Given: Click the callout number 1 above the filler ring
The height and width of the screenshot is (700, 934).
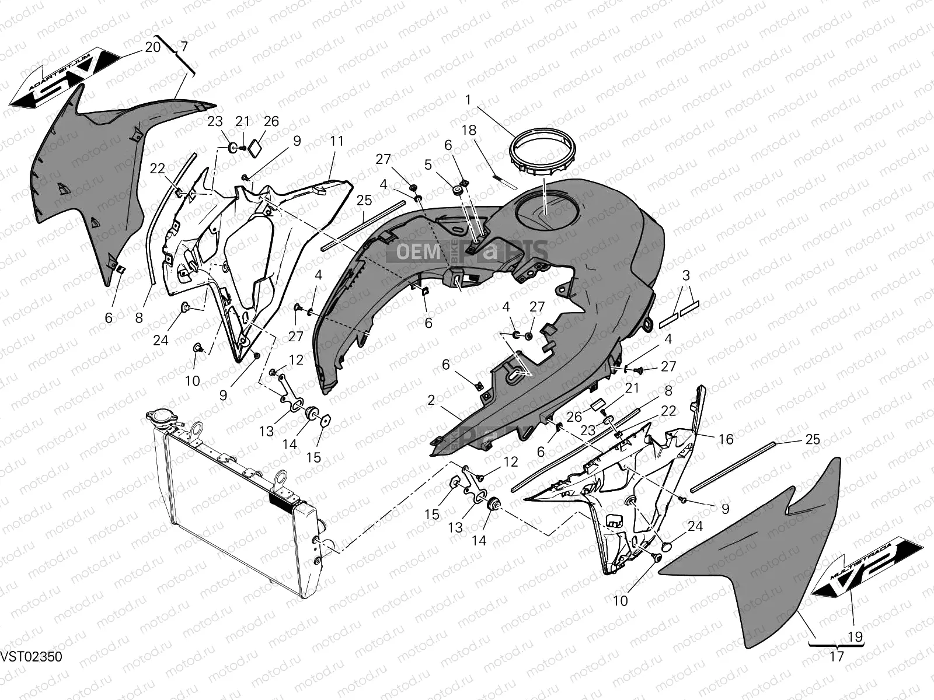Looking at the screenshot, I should (x=468, y=100).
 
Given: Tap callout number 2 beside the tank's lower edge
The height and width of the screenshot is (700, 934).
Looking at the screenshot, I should (x=431, y=400).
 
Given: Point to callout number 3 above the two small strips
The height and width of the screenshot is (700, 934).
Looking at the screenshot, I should (x=686, y=275).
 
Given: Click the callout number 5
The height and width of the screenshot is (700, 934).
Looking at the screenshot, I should (x=428, y=165).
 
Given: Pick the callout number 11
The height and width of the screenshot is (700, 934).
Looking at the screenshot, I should (x=337, y=141).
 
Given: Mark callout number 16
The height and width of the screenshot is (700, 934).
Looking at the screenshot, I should (x=726, y=439).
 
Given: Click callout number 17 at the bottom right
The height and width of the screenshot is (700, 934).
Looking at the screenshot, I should (x=837, y=656).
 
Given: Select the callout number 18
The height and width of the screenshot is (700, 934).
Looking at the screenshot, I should (x=469, y=130).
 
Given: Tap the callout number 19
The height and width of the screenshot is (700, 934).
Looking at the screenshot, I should (x=855, y=637).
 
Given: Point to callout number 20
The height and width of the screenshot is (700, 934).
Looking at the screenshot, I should (x=152, y=47).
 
